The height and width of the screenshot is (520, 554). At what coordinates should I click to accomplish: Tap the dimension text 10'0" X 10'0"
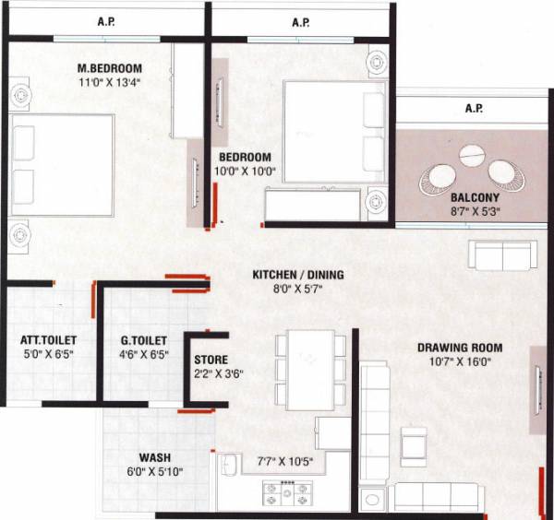pos(245,172)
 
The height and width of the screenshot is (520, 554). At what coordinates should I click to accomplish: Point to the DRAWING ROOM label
pos(460,348)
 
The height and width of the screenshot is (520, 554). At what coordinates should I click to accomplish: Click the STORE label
pos(211,359)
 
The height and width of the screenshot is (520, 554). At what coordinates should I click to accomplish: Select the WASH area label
pos(154,457)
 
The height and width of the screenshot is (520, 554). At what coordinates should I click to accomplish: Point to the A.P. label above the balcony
pos(474,109)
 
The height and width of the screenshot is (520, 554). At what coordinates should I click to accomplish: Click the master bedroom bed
pos(62,165)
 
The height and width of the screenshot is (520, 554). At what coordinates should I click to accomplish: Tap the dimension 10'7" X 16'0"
pos(460,362)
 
